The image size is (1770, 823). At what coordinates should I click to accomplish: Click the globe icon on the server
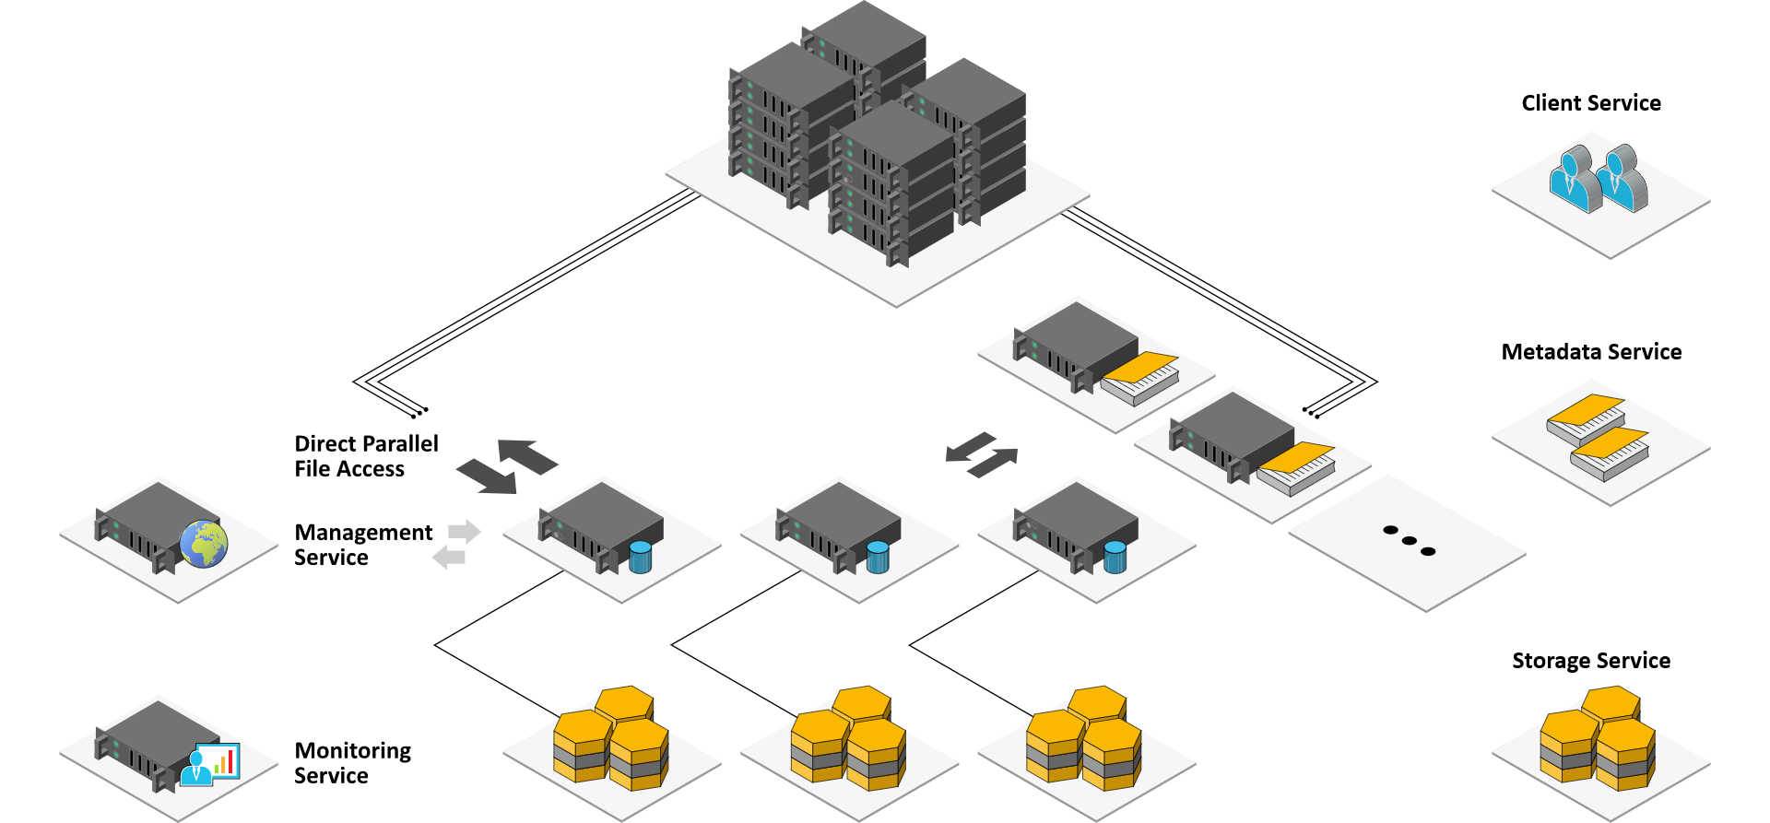[204, 544]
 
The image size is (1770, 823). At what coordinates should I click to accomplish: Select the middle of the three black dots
[1409, 540]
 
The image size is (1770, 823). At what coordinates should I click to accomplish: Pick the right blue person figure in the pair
[1622, 182]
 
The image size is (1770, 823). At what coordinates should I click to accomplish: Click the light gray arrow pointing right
[465, 532]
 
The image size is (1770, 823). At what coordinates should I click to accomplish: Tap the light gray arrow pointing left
[449, 557]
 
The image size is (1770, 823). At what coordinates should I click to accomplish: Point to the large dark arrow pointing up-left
[527, 455]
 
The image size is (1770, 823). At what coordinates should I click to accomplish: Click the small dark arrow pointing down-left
[970, 447]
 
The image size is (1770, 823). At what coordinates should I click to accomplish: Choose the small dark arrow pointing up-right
[994, 462]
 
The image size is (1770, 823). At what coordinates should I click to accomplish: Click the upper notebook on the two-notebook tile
[1586, 420]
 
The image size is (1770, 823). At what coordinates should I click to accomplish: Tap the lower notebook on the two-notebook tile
[1610, 453]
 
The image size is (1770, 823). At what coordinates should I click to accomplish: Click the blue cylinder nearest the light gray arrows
[640, 557]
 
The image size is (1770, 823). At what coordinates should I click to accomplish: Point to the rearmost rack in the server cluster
[867, 46]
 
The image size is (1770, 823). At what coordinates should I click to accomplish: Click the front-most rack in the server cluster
[891, 184]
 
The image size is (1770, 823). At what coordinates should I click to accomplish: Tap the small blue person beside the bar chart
[195, 769]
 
